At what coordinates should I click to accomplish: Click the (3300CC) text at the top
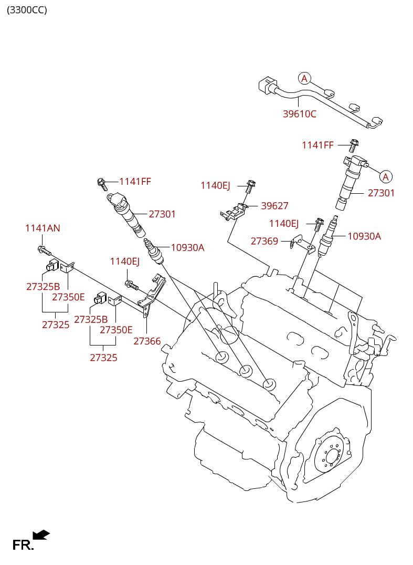(x=27, y=9)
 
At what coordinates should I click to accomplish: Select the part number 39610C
(x=300, y=113)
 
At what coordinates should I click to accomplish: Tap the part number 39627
(x=274, y=206)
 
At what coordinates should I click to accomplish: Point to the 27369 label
(x=264, y=241)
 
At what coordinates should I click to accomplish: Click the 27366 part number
(x=147, y=341)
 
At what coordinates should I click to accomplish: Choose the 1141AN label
(x=43, y=228)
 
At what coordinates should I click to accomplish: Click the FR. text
(x=23, y=546)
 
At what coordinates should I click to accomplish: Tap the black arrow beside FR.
(x=41, y=535)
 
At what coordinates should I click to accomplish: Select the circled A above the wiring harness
(x=304, y=79)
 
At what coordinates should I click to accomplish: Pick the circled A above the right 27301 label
(x=386, y=176)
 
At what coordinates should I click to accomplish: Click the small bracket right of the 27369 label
(x=302, y=243)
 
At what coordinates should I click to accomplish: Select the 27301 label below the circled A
(x=381, y=193)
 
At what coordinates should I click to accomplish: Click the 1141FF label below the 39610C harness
(x=317, y=145)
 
